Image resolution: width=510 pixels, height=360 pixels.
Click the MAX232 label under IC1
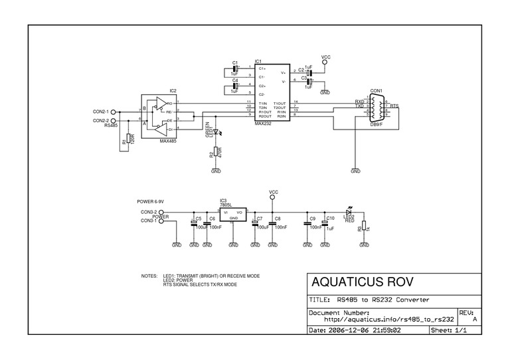point(263,123)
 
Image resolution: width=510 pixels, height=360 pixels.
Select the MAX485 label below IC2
point(169,140)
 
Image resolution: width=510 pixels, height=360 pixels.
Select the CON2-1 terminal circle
point(122,111)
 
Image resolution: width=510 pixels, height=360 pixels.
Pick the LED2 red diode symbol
point(349,212)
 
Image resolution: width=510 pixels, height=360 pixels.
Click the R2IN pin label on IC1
point(281,116)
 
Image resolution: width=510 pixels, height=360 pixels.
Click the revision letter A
point(474,319)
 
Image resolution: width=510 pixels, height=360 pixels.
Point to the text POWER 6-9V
point(151,201)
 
